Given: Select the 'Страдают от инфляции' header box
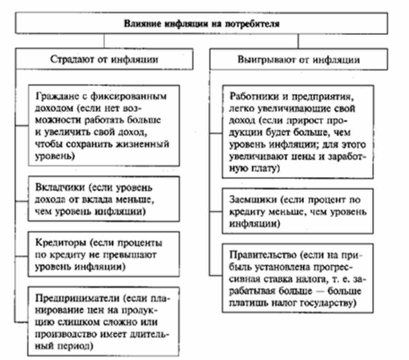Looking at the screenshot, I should [104, 60].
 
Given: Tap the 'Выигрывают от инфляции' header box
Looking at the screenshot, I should [298, 60].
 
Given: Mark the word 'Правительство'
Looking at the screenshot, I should [259, 254].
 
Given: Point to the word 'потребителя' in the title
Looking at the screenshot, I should [251, 23].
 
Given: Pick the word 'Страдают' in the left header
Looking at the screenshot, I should [71, 60].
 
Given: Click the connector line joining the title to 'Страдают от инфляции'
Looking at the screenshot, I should [104, 41].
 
